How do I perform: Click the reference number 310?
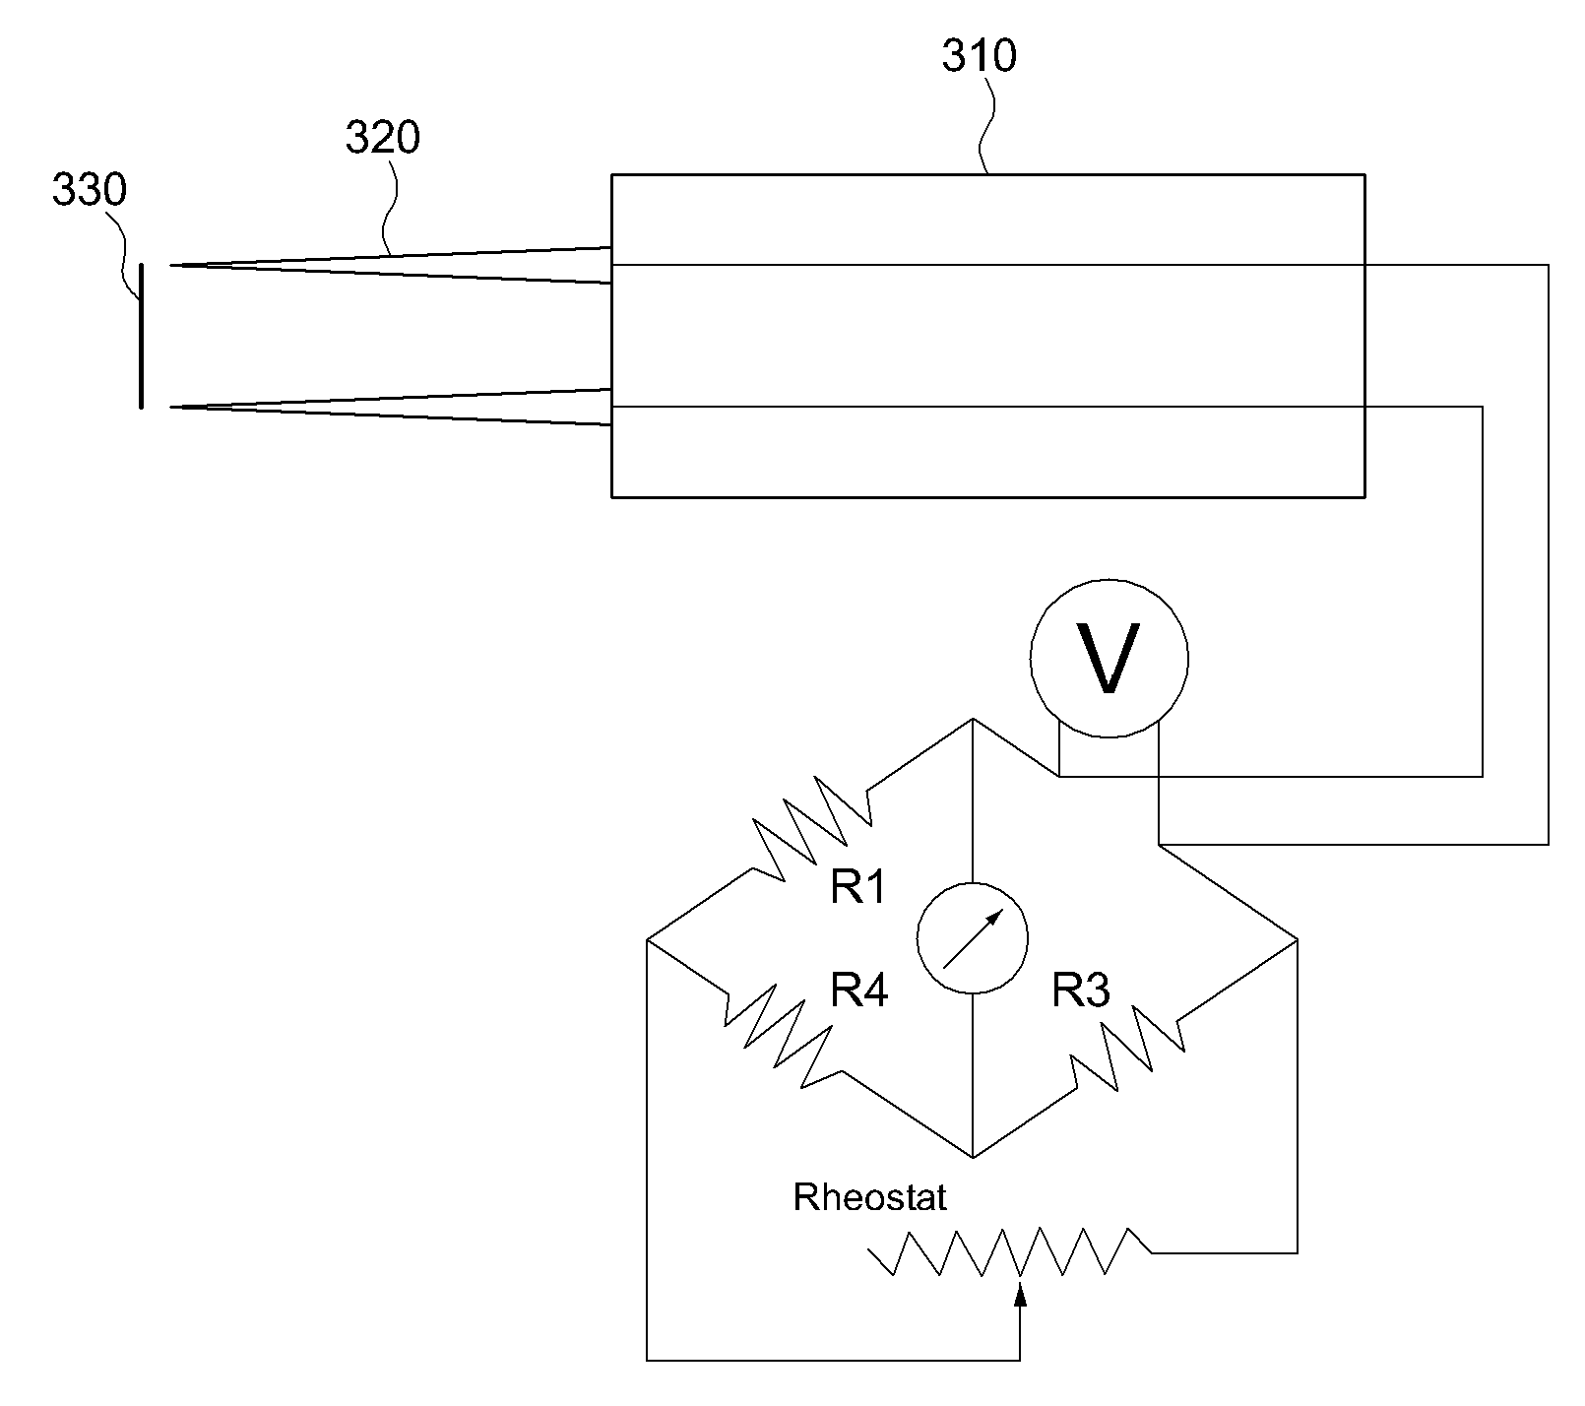coord(979,56)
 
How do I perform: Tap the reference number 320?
coord(382,138)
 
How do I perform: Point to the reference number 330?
coord(90,190)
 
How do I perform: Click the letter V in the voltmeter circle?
coord(1109,658)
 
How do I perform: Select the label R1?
coord(859,887)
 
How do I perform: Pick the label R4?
coord(859,990)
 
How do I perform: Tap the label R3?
coord(1081,990)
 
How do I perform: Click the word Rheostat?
coord(870,1197)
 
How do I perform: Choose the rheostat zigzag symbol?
coord(1009,1252)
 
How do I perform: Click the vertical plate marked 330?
coord(142,335)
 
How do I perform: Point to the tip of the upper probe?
coord(170,265)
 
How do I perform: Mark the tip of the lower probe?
coord(170,407)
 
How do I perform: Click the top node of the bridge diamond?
coord(973,719)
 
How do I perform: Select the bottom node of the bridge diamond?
coord(973,1158)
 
